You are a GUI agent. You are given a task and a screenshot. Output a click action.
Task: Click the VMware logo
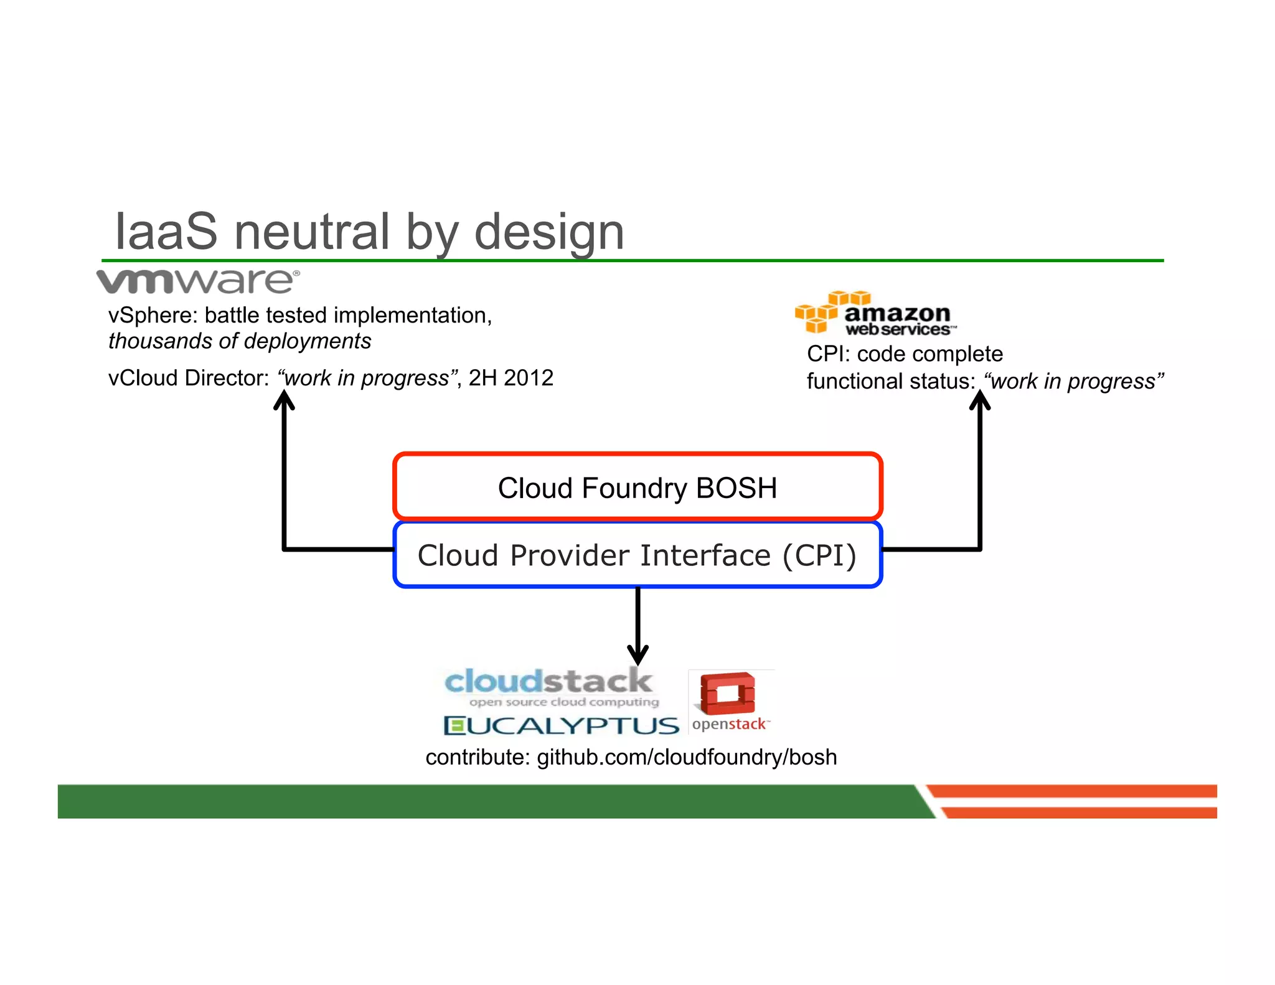click(198, 281)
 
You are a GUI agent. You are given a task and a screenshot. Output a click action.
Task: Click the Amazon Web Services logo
click(874, 313)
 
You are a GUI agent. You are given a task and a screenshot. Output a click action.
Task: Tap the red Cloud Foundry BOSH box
click(637, 487)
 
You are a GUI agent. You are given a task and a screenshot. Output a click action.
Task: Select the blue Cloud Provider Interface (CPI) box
click(637, 555)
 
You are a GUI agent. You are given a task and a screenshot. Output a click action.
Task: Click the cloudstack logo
click(549, 687)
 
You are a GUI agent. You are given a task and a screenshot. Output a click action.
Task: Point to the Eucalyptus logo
click(561, 725)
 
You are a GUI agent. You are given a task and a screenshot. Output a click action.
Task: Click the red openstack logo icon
click(727, 694)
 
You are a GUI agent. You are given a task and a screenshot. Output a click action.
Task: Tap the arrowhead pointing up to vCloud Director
click(284, 399)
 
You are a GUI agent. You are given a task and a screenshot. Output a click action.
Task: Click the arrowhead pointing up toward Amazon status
click(979, 400)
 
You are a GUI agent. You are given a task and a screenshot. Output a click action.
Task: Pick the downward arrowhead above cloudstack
click(637, 655)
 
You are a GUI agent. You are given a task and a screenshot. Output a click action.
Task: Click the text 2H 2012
click(510, 378)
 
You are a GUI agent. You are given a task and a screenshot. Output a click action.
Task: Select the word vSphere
click(152, 316)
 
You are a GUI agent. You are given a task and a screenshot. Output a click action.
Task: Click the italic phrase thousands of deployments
click(240, 341)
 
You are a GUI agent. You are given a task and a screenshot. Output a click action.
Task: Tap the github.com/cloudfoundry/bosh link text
click(687, 757)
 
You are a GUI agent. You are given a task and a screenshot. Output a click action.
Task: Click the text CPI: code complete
click(905, 354)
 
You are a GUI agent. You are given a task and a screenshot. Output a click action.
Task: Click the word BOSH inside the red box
click(736, 488)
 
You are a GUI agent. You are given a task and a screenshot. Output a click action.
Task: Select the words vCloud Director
click(187, 378)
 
